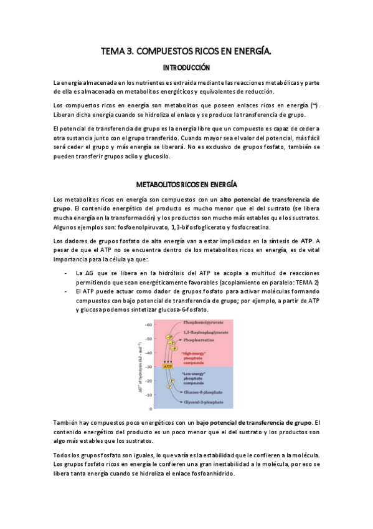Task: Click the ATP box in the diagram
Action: tap(168, 366)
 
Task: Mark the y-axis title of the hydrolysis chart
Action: tap(139, 367)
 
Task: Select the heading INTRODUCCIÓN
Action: tap(186, 67)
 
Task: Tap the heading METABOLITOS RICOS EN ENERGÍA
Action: tap(186, 184)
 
